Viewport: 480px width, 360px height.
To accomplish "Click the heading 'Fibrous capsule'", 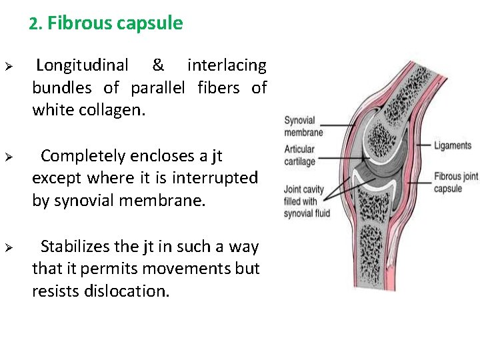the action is click(115, 24).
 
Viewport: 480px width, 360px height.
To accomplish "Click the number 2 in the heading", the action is click(33, 24).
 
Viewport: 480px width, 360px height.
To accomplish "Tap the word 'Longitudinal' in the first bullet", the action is click(82, 65).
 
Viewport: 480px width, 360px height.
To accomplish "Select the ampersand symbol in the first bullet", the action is click(158, 65).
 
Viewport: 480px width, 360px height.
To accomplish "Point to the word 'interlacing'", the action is click(227, 65).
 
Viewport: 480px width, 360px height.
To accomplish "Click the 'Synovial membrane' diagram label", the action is click(303, 127).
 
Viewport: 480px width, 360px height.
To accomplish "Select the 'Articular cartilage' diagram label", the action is click(300, 155).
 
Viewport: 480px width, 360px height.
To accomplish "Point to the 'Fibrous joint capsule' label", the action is click(456, 183).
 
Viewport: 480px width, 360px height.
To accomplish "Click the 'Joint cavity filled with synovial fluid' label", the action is click(307, 201).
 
